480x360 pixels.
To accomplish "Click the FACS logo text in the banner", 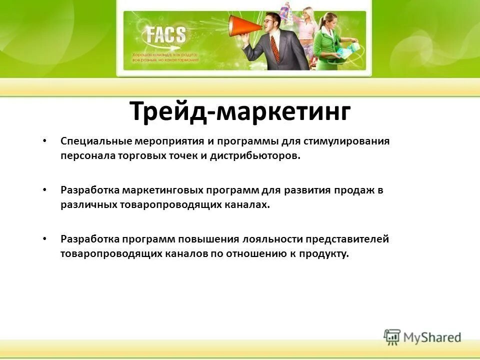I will pyautogui.click(x=165, y=35).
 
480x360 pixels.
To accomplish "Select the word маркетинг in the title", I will pyautogui.click(x=283, y=111).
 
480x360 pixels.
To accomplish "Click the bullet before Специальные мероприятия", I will pyautogui.click(x=45, y=141).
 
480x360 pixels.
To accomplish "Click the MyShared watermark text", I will pyautogui.click(x=432, y=337).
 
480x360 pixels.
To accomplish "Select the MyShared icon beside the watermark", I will pyautogui.click(x=392, y=336).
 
